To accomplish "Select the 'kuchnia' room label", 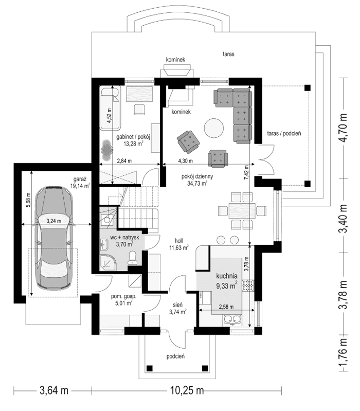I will (226, 275).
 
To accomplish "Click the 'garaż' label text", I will (80, 180).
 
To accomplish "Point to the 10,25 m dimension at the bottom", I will (184, 390).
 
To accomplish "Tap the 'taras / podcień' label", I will (284, 133).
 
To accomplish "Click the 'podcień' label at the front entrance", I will (176, 356).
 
